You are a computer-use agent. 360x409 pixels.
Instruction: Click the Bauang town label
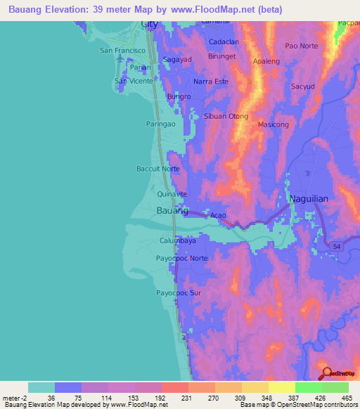pos(172,210)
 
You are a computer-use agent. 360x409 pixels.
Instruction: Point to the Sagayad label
pos(177,60)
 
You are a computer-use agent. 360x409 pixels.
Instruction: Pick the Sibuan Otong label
pos(226,117)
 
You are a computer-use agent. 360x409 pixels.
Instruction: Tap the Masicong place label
pos(274,124)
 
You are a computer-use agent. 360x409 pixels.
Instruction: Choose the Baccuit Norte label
pos(157,169)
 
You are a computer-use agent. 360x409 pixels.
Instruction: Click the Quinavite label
pos(172,193)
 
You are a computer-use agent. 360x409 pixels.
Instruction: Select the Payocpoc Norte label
pos(181,259)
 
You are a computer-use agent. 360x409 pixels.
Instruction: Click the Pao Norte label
pos(301,46)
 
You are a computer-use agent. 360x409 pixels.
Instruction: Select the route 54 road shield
pos(337,245)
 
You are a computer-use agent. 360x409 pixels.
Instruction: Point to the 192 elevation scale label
pos(160,397)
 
